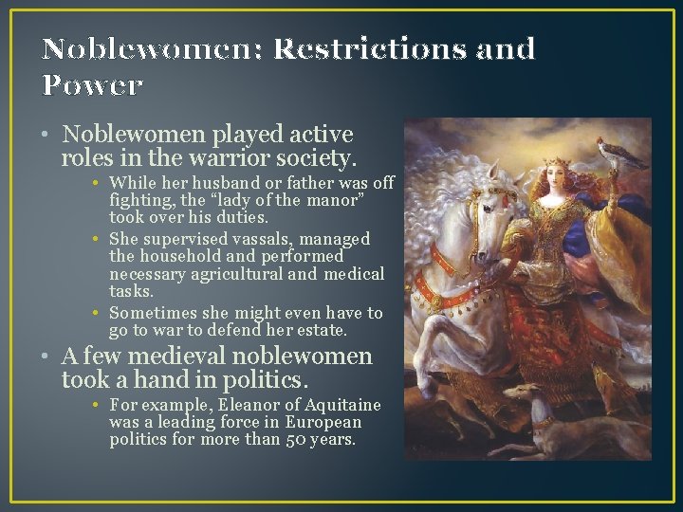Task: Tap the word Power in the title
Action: tap(92, 85)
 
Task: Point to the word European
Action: tap(320, 423)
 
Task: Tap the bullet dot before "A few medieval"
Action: tap(46, 357)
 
